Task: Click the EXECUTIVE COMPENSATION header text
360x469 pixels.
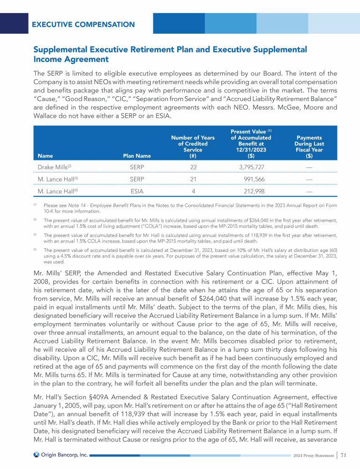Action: coord(83,24)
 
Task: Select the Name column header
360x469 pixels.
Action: coord(45,156)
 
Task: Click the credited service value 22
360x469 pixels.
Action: coord(193,167)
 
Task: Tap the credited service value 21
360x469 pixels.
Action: coord(193,179)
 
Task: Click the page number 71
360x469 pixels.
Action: coord(344,455)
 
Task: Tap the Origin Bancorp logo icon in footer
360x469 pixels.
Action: coord(36,454)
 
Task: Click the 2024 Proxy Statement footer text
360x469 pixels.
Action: coord(312,455)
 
